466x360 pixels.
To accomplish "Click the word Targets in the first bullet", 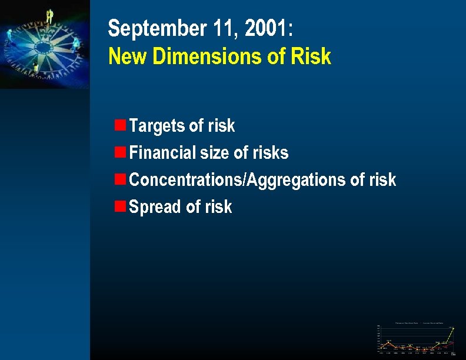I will pyautogui.click(x=156, y=125).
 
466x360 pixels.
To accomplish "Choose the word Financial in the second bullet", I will pyautogui.click(x=161, y=152).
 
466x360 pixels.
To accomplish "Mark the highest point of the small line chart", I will pyautogui.click(x=453, y=328).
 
